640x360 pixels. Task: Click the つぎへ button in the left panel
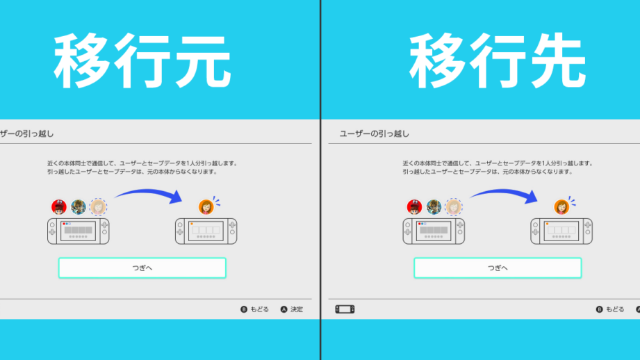point(142,268)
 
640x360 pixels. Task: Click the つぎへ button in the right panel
point(498,268)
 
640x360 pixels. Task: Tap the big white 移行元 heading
point(142,61)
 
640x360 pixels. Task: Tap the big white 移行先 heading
point(497,61)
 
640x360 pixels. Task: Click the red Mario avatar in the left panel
point(59,207)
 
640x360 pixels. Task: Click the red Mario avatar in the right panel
point(414,207)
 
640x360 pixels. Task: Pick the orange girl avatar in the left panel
point(206,207)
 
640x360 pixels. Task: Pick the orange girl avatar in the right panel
point(561,207)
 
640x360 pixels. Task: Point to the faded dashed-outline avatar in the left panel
point(98,207)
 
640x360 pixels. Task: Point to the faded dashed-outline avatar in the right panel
point(454,207)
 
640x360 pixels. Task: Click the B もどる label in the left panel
point(255,309)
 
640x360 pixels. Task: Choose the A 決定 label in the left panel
point(292,309)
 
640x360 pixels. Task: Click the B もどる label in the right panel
point(610,309)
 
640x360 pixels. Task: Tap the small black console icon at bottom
point(345,309)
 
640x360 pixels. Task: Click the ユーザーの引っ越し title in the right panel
point(375,134)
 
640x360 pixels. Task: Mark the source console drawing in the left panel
point(78,231)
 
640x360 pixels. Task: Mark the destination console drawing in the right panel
point(561,231)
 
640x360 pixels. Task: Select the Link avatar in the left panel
point(79,207)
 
